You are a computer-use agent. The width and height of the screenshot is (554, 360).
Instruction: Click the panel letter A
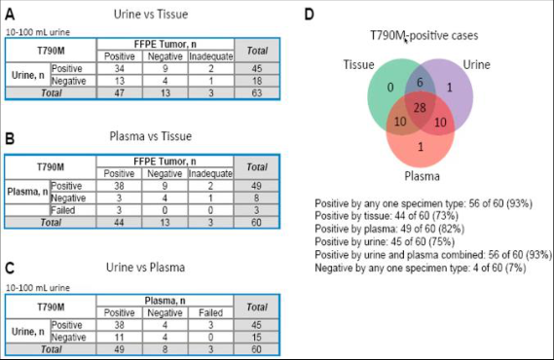pyautogui.click(x=10, y=15)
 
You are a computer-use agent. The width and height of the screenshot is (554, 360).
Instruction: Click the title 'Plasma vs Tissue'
pyautogui.click(x=151, y=136)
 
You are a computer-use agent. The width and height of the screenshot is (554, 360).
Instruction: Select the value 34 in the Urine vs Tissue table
pyautogui.click(x=120, y=68)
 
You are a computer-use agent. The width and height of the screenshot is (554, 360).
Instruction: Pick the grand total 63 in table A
pyautogui.click(x=257, y=92)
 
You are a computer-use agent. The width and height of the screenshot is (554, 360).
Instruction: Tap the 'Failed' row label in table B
pyautogui.click(x=63, y=210)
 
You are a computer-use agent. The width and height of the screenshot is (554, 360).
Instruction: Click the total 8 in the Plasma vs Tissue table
pyautogui.click(x=256, y=198)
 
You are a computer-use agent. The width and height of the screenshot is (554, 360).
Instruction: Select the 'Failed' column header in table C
pyautogui.click(x=210, y=312)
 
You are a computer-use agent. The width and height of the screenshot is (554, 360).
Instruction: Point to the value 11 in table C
pyautogui.click(x=119, y=337)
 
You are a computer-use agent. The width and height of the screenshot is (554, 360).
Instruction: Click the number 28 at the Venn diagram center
pyautogui.click(x=420, y=108)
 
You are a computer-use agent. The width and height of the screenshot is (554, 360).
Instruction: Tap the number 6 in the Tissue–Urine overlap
pyautogui.click(x=420, y=83)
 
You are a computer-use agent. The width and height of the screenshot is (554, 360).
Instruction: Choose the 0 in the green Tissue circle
pyautogui.click(x=390, y=88)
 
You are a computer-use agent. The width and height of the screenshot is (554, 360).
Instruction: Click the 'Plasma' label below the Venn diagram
pyautogui.click(x=422, y=176)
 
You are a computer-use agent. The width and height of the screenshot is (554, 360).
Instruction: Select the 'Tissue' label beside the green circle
pyautogui.click(x=358, y=65)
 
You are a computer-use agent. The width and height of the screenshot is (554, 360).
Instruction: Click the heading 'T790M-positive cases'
pyautogui.click(x=424, y=36)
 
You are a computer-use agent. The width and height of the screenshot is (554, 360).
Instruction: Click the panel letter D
pyautogui.click(x=310, y=15)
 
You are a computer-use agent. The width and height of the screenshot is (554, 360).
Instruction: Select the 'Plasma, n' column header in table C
pyautogui.click(x=165, y=301)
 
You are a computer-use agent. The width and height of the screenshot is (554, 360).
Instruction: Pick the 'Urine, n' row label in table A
pyautogui.click(x=28, y=75)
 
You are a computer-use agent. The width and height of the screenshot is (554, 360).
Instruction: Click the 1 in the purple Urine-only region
pyautogui.click(x=450, y=88)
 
